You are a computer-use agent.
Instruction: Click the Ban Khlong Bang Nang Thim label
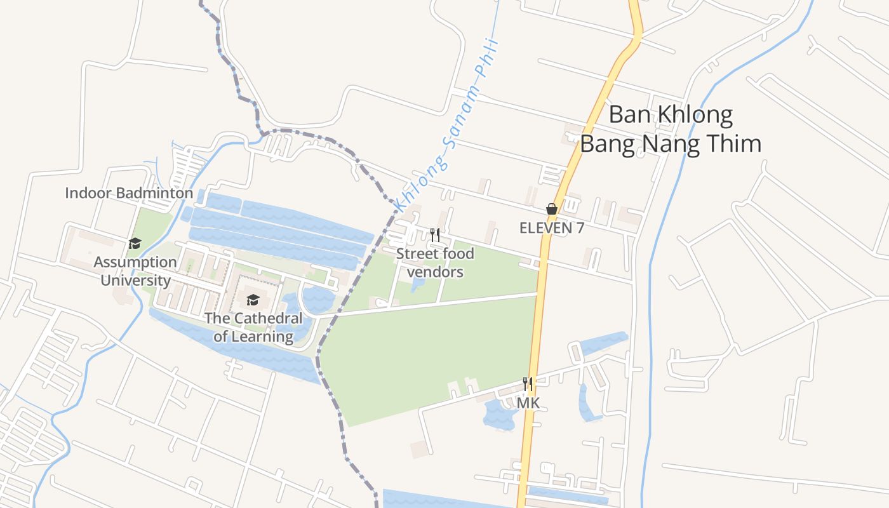coord(671,130)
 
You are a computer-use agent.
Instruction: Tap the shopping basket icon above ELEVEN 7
coord(552,209)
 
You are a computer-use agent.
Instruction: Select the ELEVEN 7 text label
coord(552,227)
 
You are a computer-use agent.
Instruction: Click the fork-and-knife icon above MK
coord(527,384)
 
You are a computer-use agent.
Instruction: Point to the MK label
coord(528,403)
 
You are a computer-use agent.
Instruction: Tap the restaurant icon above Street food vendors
coord(435,235)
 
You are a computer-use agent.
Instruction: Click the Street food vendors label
coord(435,263)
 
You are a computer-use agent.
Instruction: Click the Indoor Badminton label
coord(129,193)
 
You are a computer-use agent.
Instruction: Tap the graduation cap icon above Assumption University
coord(135,243)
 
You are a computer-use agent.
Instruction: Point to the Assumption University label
coord(135,271)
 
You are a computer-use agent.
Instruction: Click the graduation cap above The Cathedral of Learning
coord(253,300)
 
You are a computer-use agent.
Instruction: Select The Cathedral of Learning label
coord(253,328)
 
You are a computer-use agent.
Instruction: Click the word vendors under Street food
coord(435,272)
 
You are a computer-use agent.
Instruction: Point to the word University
coord(135,280)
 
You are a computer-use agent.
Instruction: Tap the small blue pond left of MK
coord(499,415)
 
